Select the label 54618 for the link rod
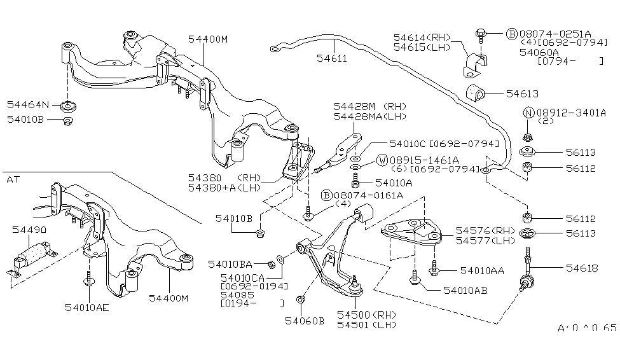pos(579,268)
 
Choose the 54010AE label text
pos(87,307)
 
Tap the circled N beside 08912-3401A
pos(528,113)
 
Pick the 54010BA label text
pos(230,263)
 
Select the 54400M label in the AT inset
pos(170,298)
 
